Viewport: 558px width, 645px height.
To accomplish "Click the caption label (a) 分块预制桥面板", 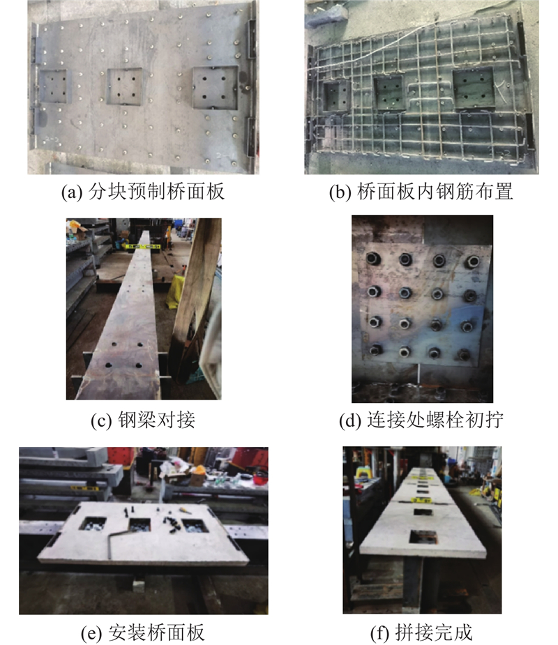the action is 143,192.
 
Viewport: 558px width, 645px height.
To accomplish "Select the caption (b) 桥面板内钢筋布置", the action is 421,192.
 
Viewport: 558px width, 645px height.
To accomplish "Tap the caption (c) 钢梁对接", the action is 143,420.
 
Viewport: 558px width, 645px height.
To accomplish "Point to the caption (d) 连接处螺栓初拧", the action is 421,420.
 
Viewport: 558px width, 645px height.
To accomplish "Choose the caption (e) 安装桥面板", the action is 143,632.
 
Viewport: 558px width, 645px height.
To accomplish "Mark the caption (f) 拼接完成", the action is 421,632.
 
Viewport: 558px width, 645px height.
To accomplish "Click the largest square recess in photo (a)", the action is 216,88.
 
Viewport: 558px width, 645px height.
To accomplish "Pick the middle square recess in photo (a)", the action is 125,86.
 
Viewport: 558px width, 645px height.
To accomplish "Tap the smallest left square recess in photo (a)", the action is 53,86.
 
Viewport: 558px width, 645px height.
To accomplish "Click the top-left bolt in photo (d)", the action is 373,258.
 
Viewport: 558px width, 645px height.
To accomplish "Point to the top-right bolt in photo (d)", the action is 472,261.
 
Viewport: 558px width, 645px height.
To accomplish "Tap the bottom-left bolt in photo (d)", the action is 375,351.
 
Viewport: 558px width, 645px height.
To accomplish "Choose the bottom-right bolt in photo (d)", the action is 464,354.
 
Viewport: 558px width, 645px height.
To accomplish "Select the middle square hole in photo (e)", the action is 139,525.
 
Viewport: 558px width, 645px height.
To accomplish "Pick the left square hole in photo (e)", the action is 92,524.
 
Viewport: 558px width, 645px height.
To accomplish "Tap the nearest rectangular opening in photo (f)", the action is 423,536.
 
